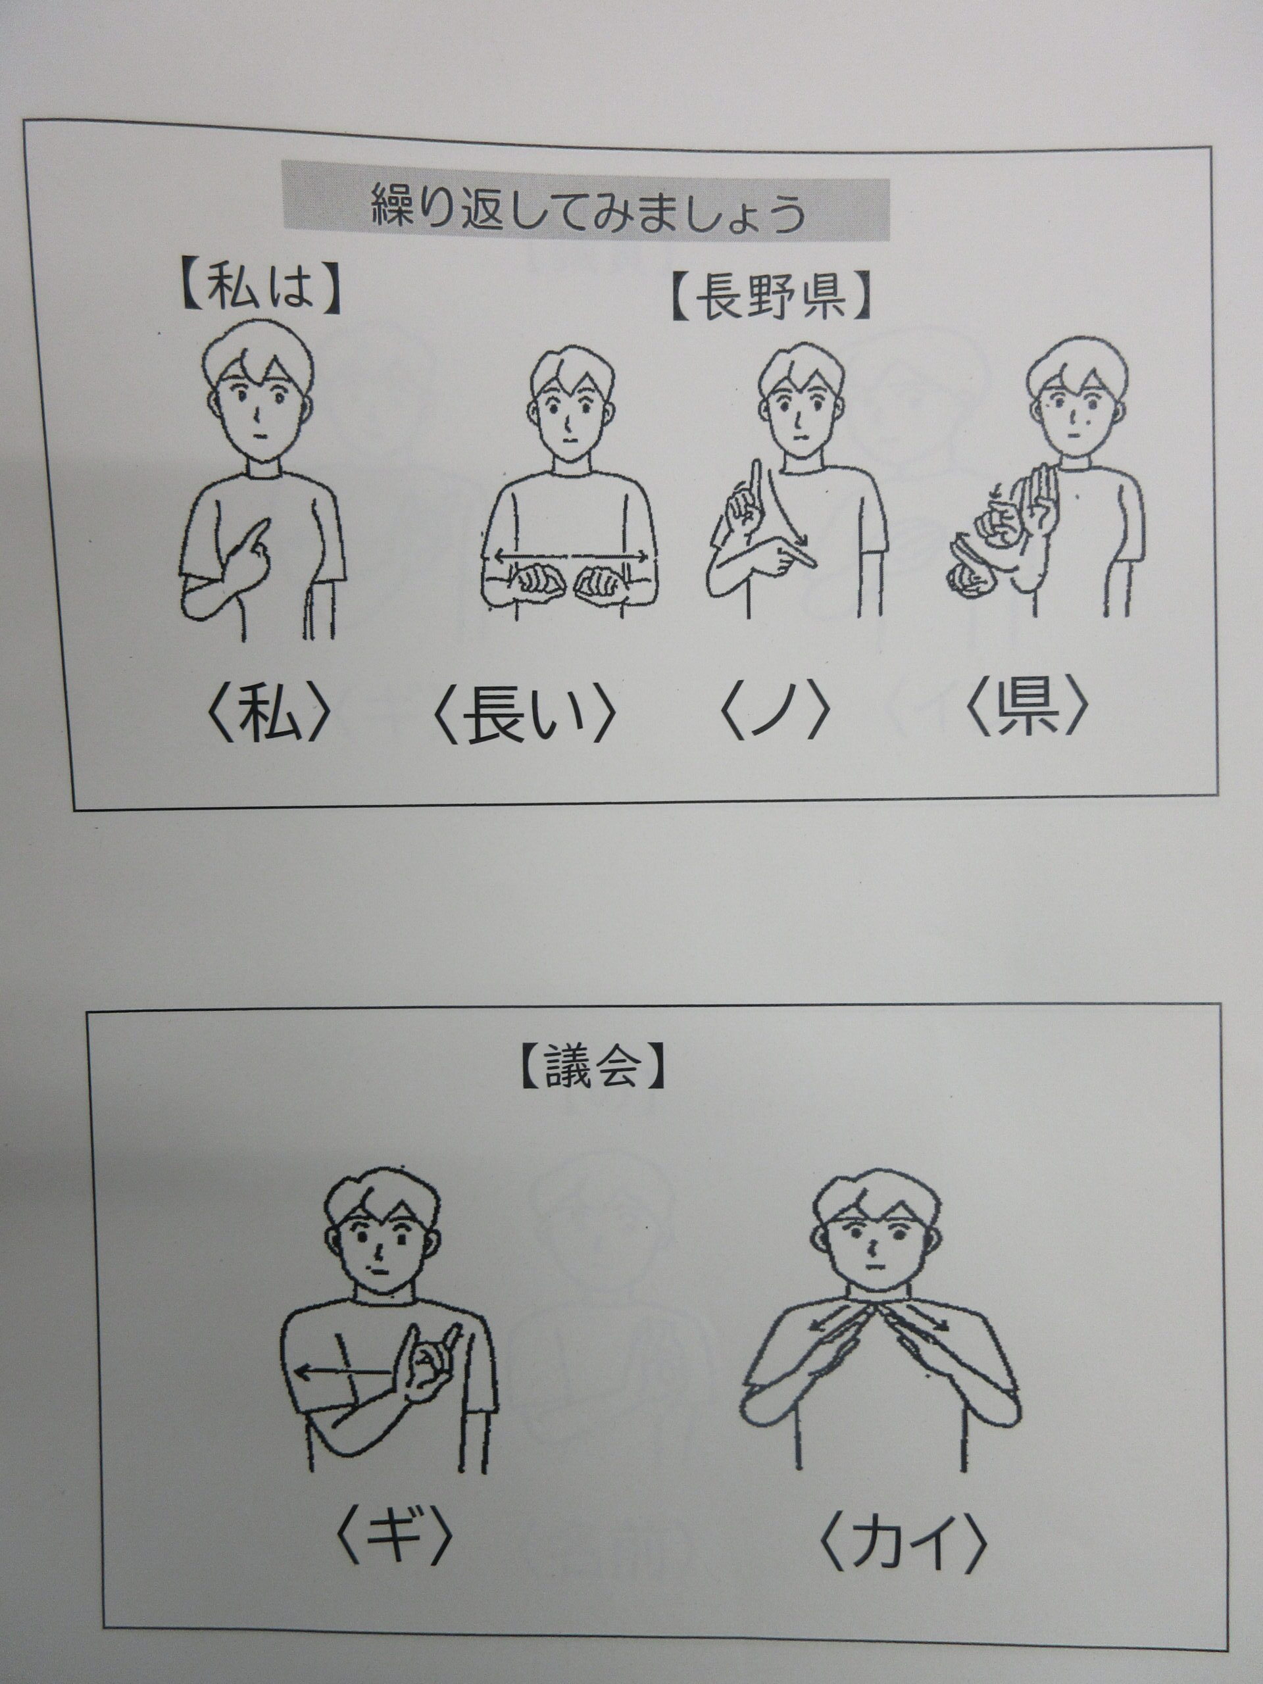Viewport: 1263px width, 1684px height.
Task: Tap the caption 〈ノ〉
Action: click(774, 716)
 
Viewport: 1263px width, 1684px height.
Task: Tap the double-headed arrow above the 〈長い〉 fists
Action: click(571, 557)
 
